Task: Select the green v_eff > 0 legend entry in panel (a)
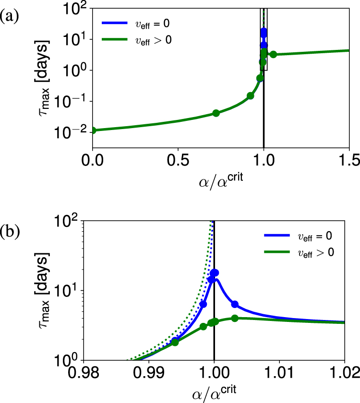click(x=137, y=40)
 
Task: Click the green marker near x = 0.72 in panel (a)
click(x=216, y=113)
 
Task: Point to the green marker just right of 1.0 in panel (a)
click(x=273, y=54)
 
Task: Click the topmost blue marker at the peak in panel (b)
click(x=215, y=273)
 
